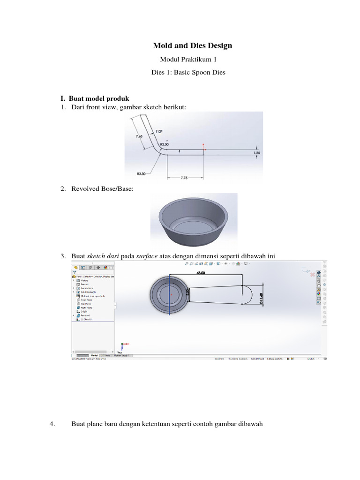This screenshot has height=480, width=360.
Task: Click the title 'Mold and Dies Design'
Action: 192,46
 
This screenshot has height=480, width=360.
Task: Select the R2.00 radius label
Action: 164,144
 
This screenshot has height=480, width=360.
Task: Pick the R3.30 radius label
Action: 141,173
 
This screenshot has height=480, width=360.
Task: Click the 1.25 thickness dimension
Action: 256,153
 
